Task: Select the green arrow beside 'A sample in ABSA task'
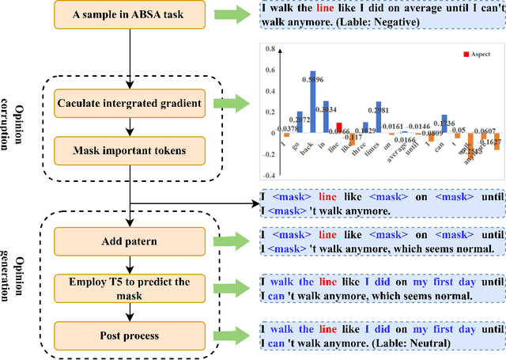[235, 15]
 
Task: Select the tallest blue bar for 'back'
[312, 101]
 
